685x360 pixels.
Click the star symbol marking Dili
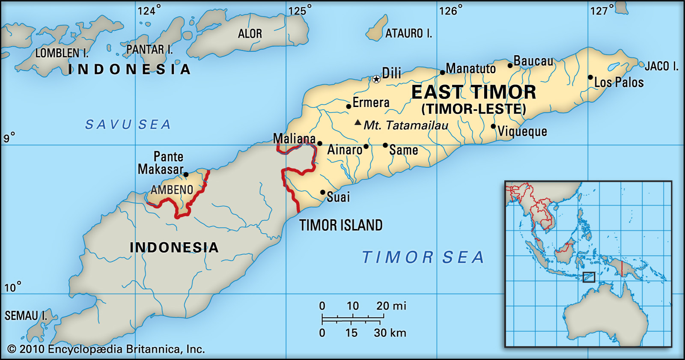coord(376,79)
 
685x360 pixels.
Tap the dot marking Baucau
coord(510,65)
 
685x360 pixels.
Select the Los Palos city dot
coord(590,77)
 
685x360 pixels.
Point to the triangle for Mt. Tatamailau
coord(357,122)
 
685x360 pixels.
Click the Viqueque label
coord(522,131)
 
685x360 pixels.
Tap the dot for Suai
coord(323,193)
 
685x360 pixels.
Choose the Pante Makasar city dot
coord(186,175)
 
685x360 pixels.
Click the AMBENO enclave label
coord(172,190)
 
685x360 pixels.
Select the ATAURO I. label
coord(408,33)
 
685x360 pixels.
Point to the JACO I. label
coord(661,66)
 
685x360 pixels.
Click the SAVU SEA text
coord(128,125)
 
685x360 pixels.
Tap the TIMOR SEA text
coord(423,257)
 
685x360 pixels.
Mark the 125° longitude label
coord(300,10)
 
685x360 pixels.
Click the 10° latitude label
coord(12,287)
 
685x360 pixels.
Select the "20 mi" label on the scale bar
coord(391,306)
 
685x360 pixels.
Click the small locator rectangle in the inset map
coord(589,277)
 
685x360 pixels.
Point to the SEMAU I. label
coord(26,316)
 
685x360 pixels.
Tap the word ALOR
coord(250,34)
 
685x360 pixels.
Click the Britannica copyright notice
coord(106,349)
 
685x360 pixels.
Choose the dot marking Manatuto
coord(443,72)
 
